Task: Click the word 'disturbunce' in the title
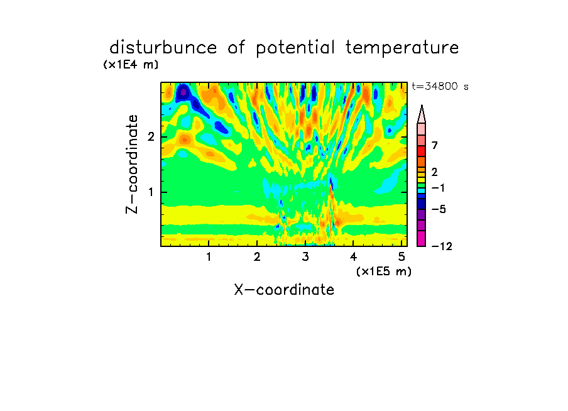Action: (163, 48)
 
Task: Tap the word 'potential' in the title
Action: (295, 48)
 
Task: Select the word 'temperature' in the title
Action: (402, 48)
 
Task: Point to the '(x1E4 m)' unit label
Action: (131, 65)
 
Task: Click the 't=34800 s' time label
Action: (440, 86)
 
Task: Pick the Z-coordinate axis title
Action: (132, 164)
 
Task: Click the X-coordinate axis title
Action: (284, 290)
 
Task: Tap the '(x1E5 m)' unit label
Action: (384, 271)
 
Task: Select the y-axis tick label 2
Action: (151, 137)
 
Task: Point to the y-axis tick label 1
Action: (151, 192)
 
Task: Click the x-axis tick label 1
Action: (209, 257)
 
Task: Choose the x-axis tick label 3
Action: (305, 257)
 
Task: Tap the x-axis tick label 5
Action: (401, 257)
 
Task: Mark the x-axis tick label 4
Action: (353, 257)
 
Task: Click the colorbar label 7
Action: (435, 145)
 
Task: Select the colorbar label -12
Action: (442, 246)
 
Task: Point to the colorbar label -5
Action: (439, 209)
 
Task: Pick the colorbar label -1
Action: (438, 188)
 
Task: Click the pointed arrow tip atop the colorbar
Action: (422, 105)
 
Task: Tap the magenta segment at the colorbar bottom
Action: (422, 238)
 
